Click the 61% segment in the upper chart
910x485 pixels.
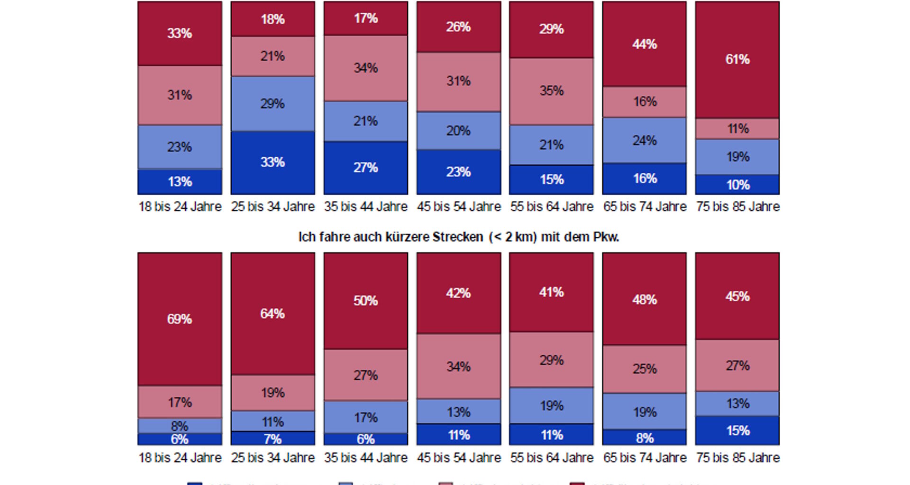(x=737, y=60)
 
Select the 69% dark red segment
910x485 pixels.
(x=180, y=319)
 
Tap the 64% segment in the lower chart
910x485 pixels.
(x=273, y=314)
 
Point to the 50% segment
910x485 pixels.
(x=365, y=301)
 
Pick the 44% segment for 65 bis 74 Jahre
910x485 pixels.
(x=645, y=44)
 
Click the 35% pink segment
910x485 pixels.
(x=551, y=90)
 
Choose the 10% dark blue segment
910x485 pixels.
(x=737, y=185)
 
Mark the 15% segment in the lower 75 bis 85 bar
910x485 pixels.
(x=737, y=431)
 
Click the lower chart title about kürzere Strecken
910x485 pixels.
(x=458, y=237)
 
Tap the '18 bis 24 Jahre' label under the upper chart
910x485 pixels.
(x=180, y=207)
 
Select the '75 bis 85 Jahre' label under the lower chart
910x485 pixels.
(x=737, y=458)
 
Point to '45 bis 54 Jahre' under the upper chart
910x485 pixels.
(x=458, y=207)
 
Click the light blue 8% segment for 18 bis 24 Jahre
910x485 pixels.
(x=180, y=426)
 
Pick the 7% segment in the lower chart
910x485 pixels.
(x=273, y=439)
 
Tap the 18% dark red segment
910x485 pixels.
(x=273, y=19)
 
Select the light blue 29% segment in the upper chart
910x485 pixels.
(x=273, y=103)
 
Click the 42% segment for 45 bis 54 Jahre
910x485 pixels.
(x=458, y=293)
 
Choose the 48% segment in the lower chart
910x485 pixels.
(x=645, y=299)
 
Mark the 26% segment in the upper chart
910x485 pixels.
(x=458, y=27)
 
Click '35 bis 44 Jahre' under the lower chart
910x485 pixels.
(x=365, y=458)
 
